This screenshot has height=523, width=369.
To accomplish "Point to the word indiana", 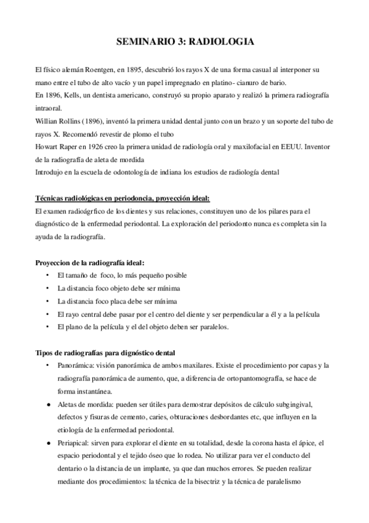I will point(170,173).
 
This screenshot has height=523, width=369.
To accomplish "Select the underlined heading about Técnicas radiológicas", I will point(121,199).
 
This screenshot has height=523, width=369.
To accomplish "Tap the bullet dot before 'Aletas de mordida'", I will point(49,404).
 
